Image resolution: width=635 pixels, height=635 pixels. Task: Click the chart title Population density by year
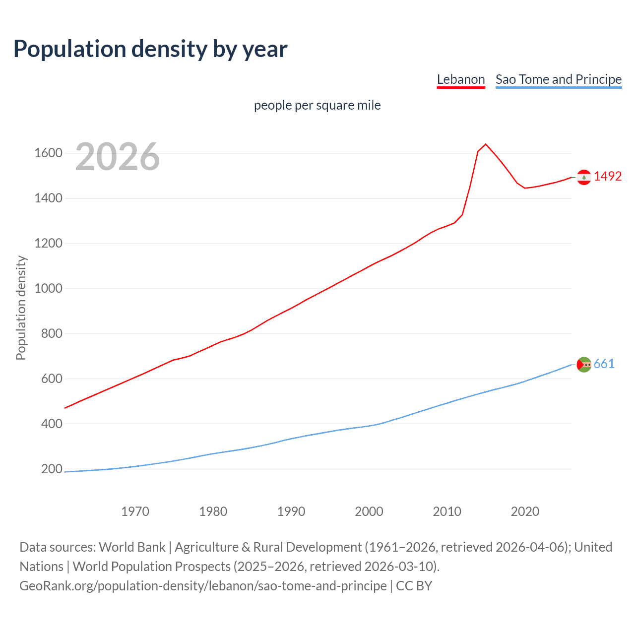tap(150, 49)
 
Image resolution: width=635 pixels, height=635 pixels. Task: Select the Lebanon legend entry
tap(460, 79)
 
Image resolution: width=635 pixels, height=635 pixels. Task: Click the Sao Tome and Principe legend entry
tap(558, 79)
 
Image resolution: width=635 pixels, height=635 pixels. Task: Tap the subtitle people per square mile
tap(317, 106)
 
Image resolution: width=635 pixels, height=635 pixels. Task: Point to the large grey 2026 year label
tap(118, 157)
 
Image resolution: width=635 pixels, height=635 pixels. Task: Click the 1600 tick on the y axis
tap(48, 153)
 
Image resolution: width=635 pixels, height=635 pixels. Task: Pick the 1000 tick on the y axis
tap(48, 288)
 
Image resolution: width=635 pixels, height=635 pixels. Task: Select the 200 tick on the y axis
tap(52, 469)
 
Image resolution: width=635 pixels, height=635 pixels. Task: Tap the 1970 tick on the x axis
tap(135, 511)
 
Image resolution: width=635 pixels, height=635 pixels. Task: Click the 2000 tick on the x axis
tap(369, 511)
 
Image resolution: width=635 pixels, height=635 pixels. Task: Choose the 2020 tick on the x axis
tap(525, 511)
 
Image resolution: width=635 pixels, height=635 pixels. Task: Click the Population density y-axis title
tap(21, 308)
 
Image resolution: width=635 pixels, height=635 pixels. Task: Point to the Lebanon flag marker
tap(584, 177)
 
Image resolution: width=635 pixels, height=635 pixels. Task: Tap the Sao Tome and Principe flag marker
tap(584, 365)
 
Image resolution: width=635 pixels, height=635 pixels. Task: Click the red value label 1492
tap(608, 177)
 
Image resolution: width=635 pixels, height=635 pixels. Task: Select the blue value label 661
tap(604, 364)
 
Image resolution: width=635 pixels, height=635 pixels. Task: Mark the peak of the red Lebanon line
tap(486, 144)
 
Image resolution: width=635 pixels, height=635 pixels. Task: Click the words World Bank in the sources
tap(132, 547)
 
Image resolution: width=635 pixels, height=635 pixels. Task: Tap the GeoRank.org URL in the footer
tap(203, 586)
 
